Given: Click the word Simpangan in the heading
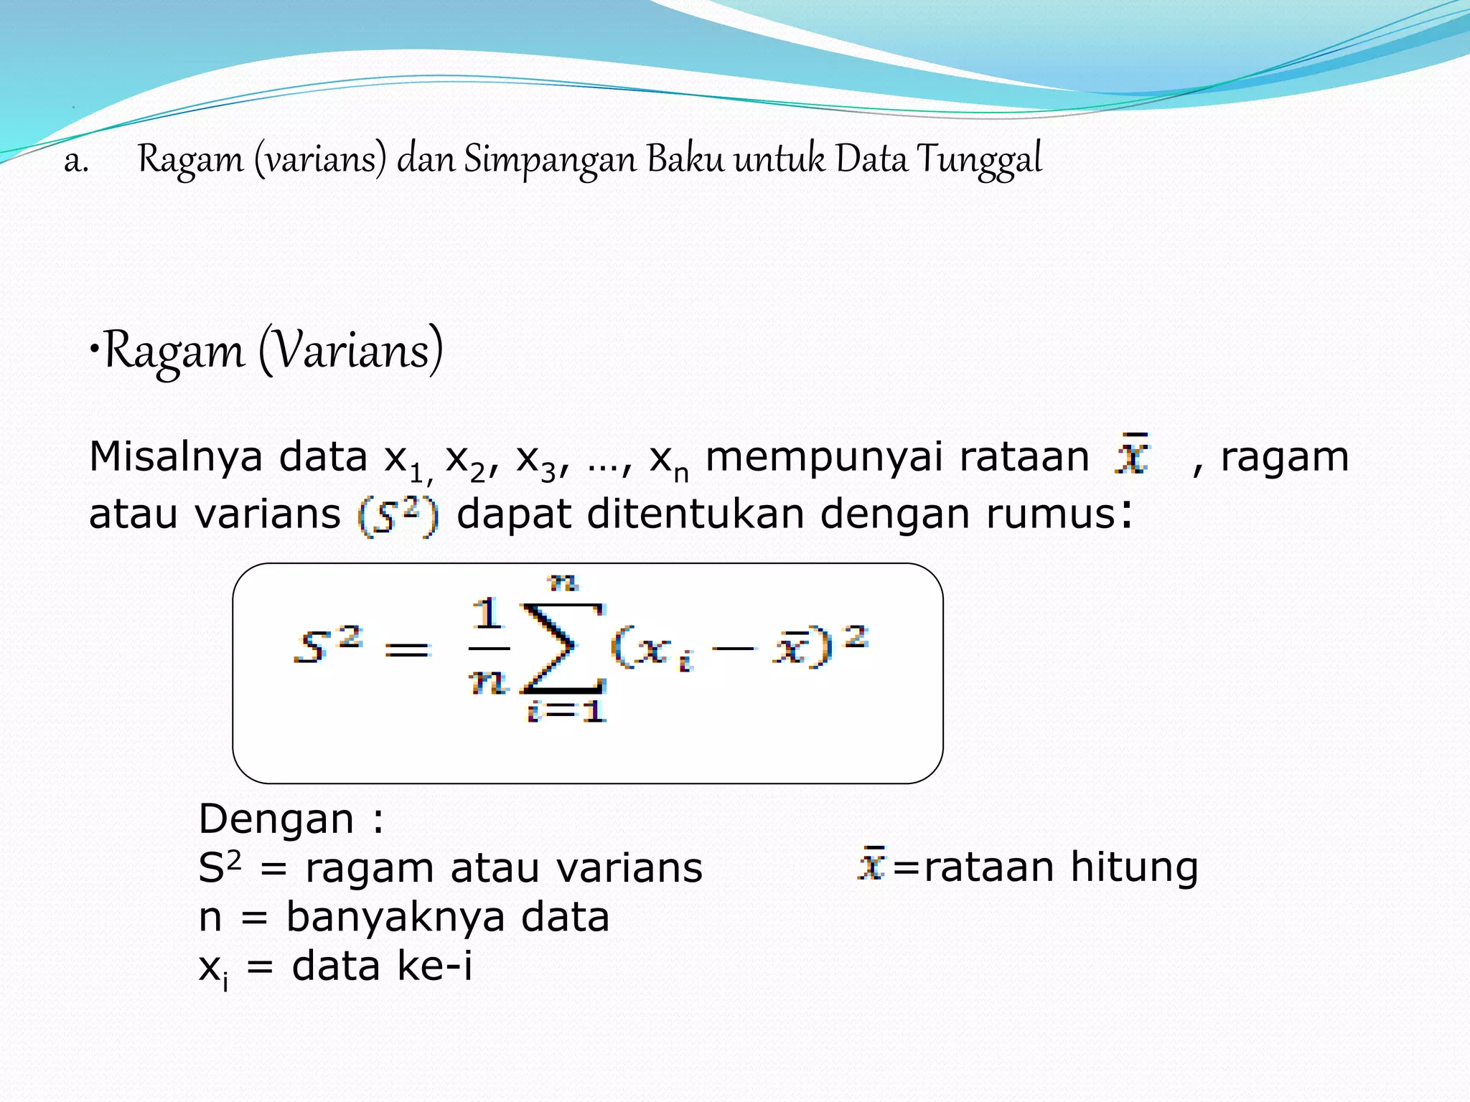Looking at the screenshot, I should [550, 160].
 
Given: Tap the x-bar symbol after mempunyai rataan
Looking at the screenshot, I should [1132, 454].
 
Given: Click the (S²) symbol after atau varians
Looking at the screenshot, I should [398, 516].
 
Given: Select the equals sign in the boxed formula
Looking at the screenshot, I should [407, 650].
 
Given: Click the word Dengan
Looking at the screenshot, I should [276, 819].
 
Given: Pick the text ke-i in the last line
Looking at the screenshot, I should [434, 966].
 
